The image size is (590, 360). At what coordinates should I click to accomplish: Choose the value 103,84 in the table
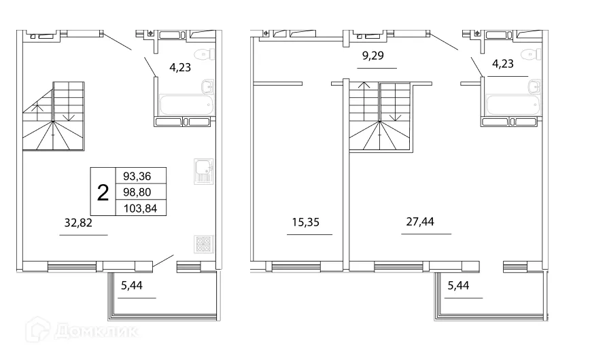click(140, 209)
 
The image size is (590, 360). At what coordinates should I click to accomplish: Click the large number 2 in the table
click(103, 192)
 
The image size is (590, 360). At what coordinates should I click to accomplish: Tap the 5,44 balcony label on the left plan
click(133, 285)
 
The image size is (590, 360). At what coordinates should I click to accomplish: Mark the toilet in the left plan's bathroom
click(203, 55)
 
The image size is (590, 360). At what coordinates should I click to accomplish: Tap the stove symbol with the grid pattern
click(204, 245)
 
